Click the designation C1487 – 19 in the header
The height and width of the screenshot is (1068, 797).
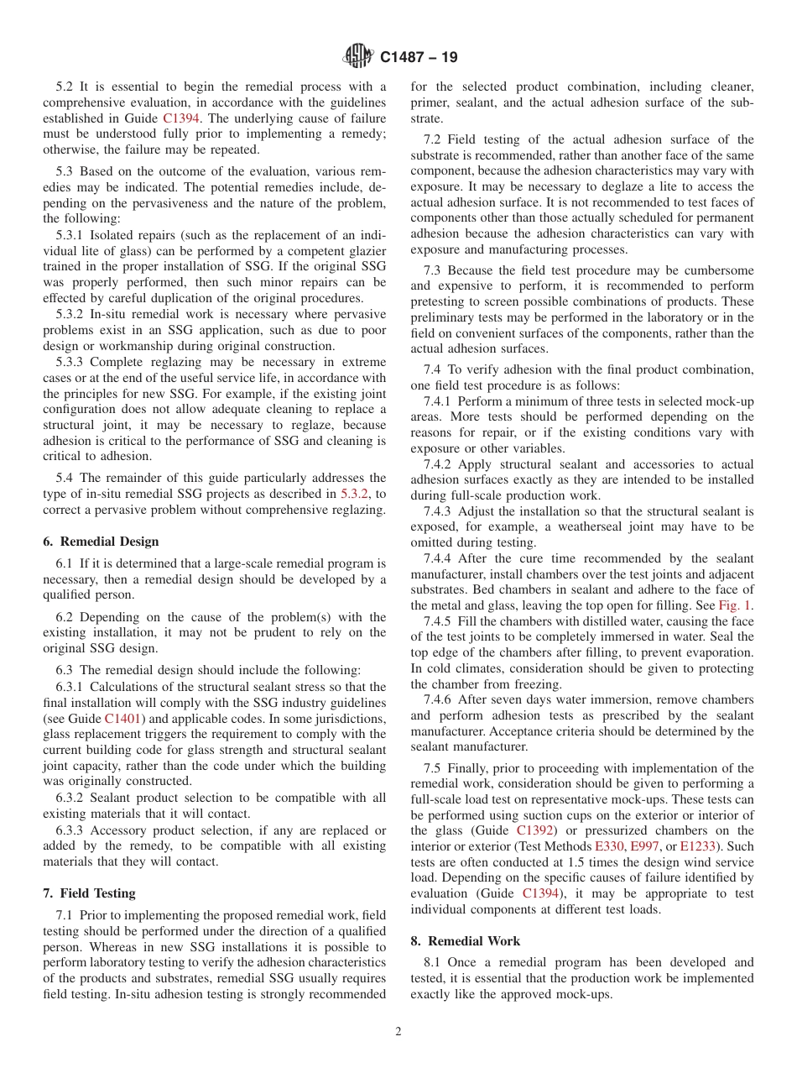coord(419,58)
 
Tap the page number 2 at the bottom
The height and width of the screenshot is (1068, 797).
coord(398,1032)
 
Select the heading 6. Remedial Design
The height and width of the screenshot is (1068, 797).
coord(101,542)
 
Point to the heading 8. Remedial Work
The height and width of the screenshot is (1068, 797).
coord(465,941)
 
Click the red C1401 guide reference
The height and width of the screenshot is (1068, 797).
coord(122,719)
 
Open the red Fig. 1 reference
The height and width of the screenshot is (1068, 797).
coord(736,605)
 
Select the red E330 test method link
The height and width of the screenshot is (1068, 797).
coord(608,846)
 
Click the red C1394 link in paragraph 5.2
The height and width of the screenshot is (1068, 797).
coord(181,118)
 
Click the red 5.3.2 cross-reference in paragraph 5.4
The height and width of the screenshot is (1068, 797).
coord(355,494)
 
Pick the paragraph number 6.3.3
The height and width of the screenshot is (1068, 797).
coord(70,830)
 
